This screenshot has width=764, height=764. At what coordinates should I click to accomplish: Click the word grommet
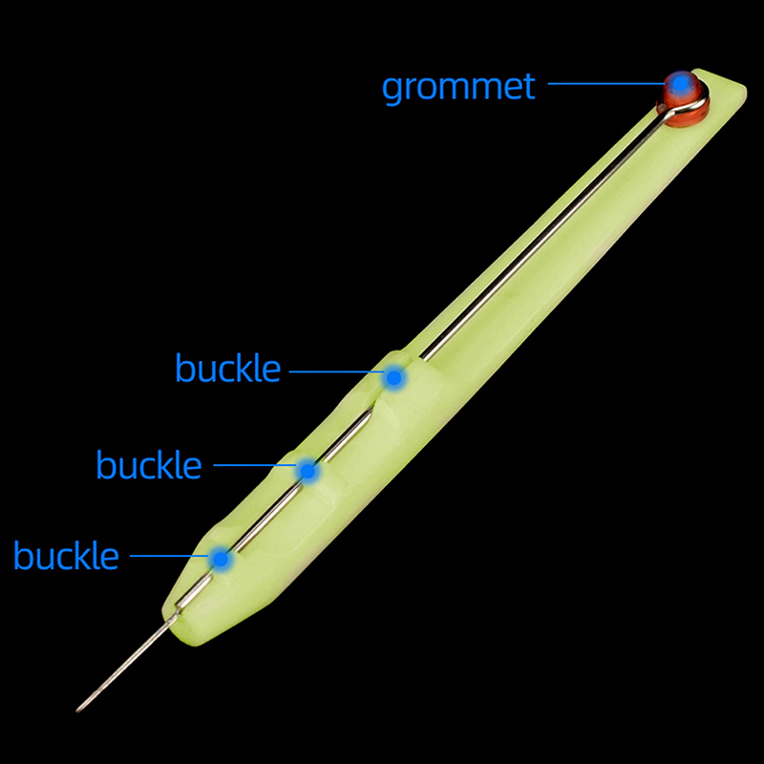tap(458, 88)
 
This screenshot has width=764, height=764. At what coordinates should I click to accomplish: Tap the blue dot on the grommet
tap(680, 84)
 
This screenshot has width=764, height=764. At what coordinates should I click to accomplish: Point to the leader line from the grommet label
tap(606, 83)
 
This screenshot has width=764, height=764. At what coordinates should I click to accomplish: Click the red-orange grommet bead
tap(683, 99)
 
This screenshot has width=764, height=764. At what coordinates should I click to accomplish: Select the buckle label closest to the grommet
tap(228, 368)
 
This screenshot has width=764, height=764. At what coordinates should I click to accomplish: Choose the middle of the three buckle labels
tap(149, 464)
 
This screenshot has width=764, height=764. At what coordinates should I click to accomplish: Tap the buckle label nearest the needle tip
tap(66, 555)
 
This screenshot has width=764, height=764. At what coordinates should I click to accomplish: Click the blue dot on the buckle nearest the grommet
tap(393, 377)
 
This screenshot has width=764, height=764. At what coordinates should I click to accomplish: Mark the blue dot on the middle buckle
tap(308, 471)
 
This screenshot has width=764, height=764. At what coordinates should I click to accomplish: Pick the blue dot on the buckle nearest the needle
tap(221, 559)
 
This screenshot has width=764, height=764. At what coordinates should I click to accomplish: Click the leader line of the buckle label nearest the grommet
tap(337, 371)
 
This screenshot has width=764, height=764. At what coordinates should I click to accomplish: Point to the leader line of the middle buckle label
tap(255, 465)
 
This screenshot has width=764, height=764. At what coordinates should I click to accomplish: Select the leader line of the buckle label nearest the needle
tap(170, 556)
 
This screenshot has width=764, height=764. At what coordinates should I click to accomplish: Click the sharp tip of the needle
tap(77, 711)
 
